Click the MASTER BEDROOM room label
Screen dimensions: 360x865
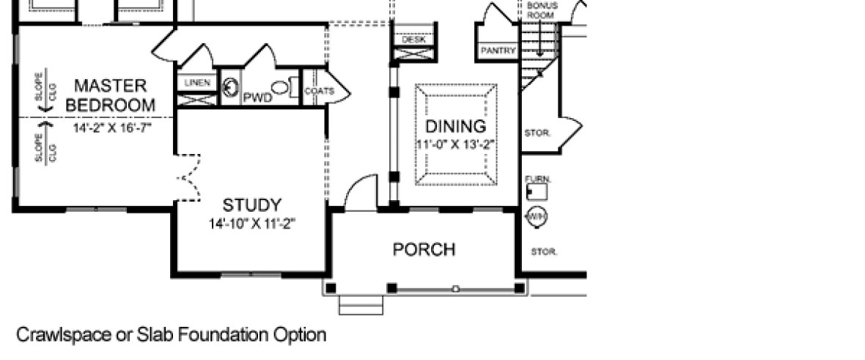[111, 95]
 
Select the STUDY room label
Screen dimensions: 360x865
[251, 205]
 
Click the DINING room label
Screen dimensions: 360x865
[456, 125]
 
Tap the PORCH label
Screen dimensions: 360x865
[424, 249]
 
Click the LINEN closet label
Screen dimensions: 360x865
[197, 83]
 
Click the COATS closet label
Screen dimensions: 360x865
[319, 92]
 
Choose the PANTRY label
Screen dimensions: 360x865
[498, 51]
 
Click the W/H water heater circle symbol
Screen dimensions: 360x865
[538, 217]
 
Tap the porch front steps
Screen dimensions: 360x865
[361, 304]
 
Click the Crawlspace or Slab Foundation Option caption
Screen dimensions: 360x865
[171, 336]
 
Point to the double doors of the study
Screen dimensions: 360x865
[189, 177]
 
